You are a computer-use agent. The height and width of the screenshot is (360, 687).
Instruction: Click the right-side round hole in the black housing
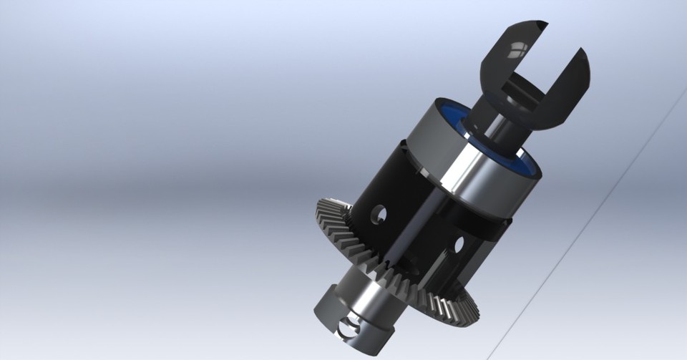coord(459,246)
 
